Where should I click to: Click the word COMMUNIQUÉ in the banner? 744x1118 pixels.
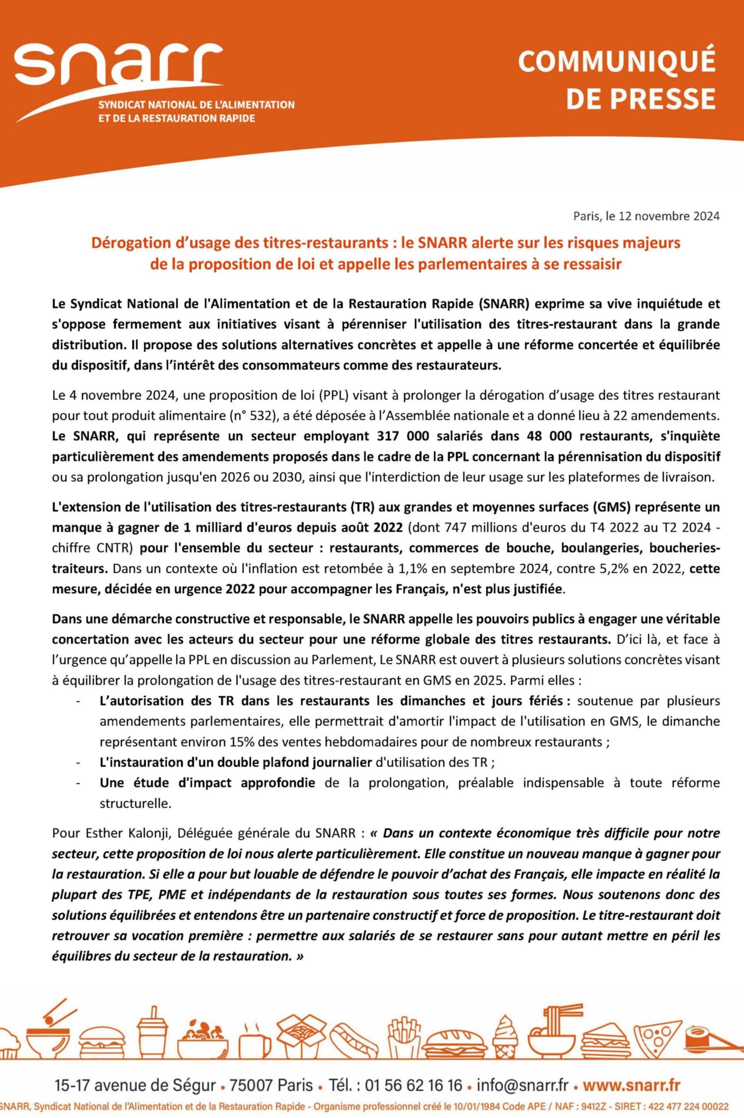point(617,62)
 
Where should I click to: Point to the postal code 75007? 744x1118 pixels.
point(251,1072)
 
